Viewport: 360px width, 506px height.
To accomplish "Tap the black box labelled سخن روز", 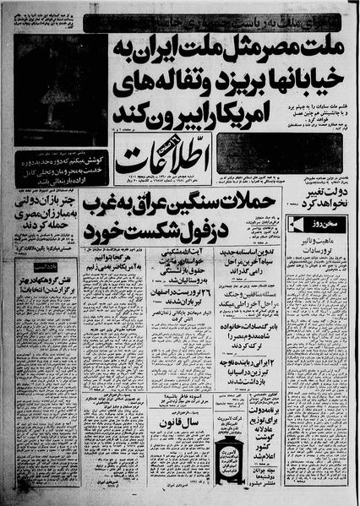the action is point(323,224).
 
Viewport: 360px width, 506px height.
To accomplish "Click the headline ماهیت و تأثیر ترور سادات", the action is point(323,245).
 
